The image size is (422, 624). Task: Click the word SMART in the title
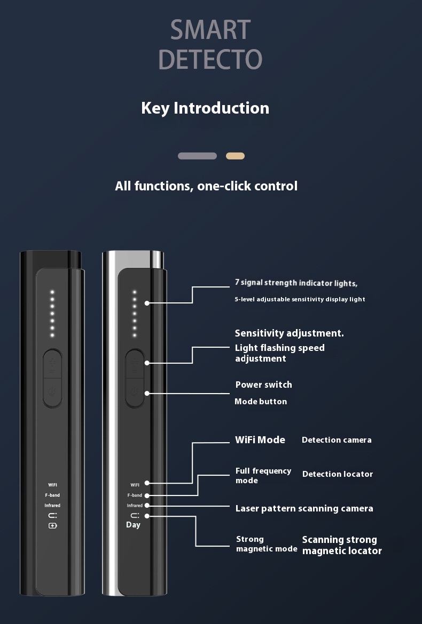coord(210,30)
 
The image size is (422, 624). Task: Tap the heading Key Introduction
coord(205,108)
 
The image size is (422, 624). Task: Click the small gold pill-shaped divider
coord(235,156)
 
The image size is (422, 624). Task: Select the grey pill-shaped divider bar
coord(197,156)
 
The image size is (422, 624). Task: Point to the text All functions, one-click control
coord(206,186)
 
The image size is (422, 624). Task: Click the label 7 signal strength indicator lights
coord(296,283)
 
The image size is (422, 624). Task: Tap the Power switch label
coord(263,385)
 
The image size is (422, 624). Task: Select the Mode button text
coord(261,402)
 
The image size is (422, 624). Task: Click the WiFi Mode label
coord(260,440)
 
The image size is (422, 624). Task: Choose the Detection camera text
coord(337,440)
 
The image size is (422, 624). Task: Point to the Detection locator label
coord(338,474)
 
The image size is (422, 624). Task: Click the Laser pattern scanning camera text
coord(304,508)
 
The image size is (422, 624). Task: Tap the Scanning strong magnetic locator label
coord(342,545)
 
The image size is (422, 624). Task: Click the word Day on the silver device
coord(133,525)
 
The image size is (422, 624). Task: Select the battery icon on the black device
coord(52,526)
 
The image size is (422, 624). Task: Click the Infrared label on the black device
coord(52,506)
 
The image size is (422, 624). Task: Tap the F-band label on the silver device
coord(135,495)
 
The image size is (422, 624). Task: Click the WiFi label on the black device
coord(52,485)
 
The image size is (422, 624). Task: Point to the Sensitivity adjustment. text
coord(289,333)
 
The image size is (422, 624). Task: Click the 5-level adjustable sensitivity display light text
coord(300,299)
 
